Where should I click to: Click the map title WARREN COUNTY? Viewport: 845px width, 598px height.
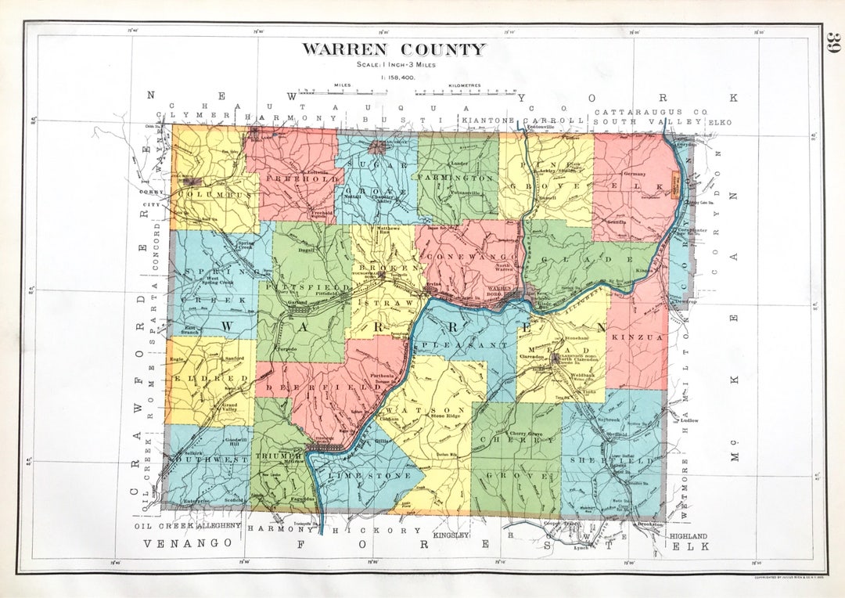pos(394,49)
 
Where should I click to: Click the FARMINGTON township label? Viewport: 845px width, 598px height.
pos(457,178)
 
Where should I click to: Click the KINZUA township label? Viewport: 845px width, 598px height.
pos(637,337)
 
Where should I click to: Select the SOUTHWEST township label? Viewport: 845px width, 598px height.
pos(208,461)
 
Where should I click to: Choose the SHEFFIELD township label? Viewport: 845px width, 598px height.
pos(616,461)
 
